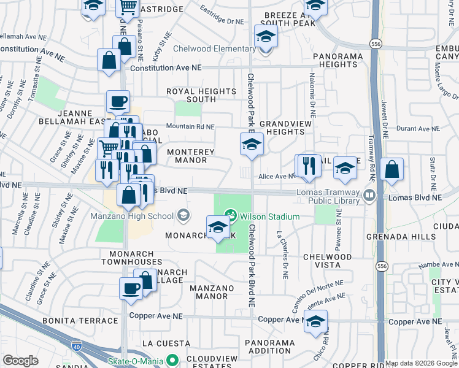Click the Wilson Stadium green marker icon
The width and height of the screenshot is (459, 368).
point(231,215)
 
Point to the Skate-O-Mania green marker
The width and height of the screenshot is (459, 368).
point(173,361)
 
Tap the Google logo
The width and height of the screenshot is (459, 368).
point(20,361)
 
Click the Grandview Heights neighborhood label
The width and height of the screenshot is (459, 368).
point(282,128)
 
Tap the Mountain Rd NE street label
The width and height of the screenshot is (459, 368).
point(190,127)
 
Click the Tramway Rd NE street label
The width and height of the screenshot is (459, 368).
point(371,156)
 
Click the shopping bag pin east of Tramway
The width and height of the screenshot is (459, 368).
point(391,169)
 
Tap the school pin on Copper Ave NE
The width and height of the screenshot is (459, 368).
point(315,321)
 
